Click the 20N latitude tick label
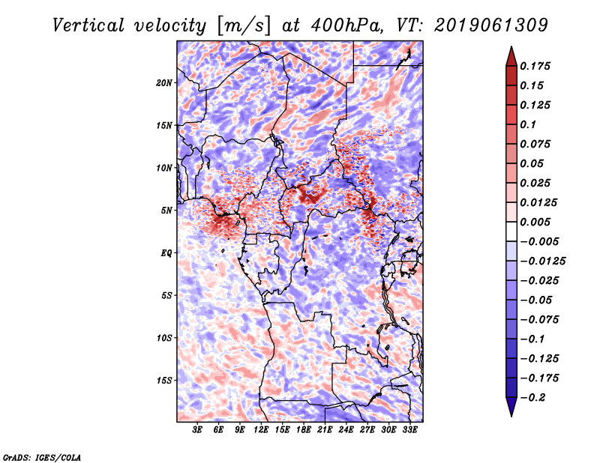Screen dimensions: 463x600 tap(164, 82)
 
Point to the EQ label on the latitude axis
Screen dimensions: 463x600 tap(166, 252)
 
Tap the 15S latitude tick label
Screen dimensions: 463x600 tap(164, 380)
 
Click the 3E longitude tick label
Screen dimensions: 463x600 tap(198, 430)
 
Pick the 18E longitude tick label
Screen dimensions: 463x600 tap(304, 430)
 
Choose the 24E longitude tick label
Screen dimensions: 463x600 tap(346, 430)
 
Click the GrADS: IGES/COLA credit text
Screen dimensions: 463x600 tap(41, 456)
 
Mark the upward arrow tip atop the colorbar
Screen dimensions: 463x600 tap(510, 49)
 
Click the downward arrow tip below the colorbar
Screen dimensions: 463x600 tap(510, 414)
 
